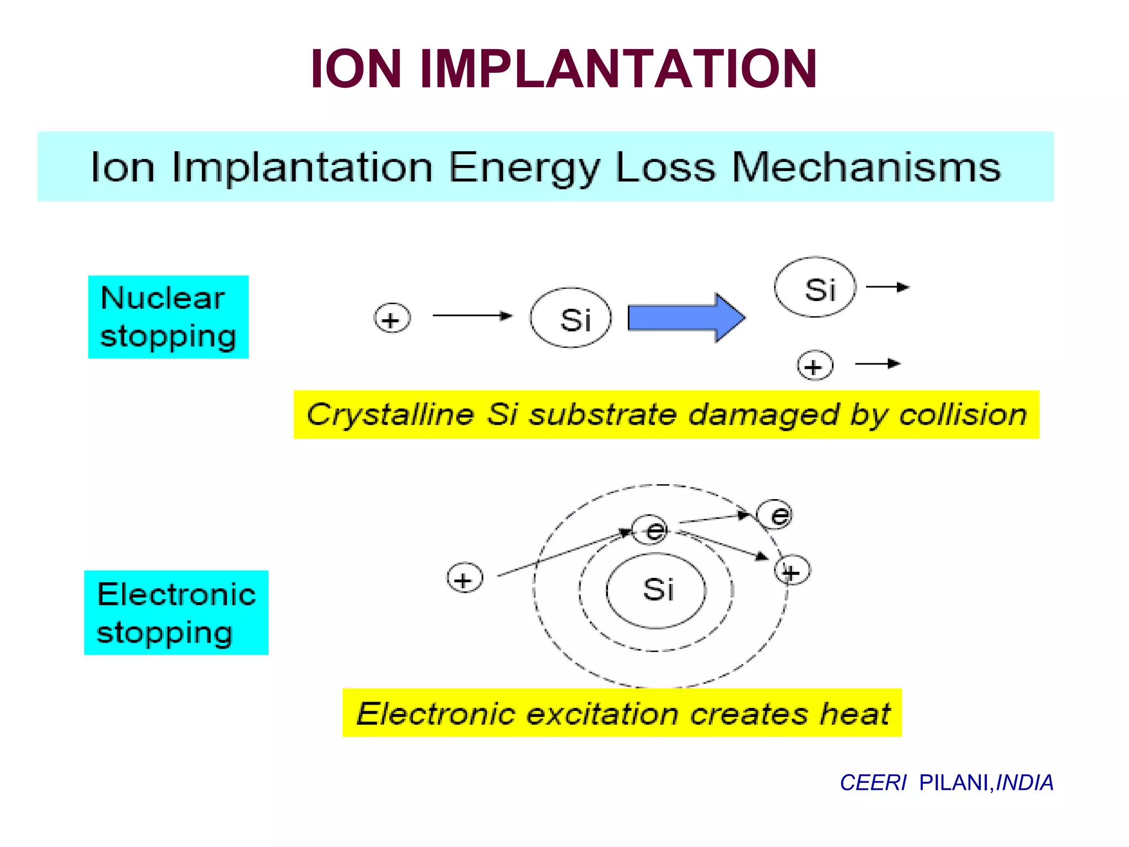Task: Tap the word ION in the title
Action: pyautogui.click(x=356, y=69)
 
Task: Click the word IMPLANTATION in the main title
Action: pyautogui.click(x=618, y=69)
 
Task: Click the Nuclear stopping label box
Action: pyautogui.click(x=168, y=317)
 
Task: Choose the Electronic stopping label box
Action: pyautogui.click(x=176, y=613)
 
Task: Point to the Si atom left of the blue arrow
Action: pyautogui.click(x=571, y=318)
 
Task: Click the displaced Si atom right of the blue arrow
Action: pyautogui.click(x=815, y=287)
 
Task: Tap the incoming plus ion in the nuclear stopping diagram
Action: pyautogui.click(x=392, y=319)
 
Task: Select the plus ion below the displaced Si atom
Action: pyautogui.click(x=815, y=366)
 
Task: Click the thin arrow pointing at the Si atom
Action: pyautogui.click(x=472, y=315)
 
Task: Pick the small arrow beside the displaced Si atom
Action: pyautogui.click(x=888, y=287)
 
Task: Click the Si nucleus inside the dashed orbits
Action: pyautogui.click(x=657, y=590)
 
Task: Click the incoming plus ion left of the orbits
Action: pyautogui.click(x=464, y=578)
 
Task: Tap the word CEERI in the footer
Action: pyautogui.click(x=873, y=782)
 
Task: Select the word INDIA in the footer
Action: pyautogui.click(x=1025, y=782)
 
